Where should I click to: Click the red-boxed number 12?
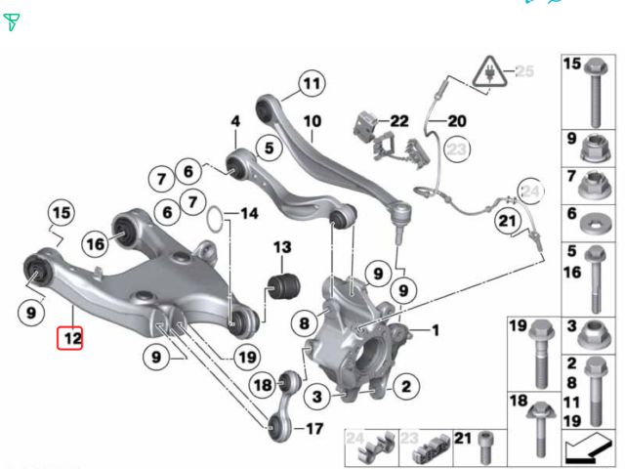(x=73, y=339)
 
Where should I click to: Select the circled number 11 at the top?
(x=311, y=84)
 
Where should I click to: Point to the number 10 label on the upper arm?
(x=312, y=123)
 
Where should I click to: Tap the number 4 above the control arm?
(x=234, y=121)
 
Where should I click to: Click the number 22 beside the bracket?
(x=399, y=120)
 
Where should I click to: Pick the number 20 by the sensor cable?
(x=457, y=121)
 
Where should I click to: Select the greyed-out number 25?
(x=525, y=71)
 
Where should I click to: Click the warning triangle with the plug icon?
(x=487, y=70)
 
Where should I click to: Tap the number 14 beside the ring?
(x=249, y=213)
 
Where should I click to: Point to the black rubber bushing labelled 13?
(x=281, y=284)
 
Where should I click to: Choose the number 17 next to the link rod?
(x=312, y=428)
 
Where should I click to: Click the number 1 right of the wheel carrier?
(x=436, y=330)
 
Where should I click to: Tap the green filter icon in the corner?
(x=12, y=21)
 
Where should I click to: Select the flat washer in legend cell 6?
(x=592, y=225)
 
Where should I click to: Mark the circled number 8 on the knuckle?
(x=305, y=321)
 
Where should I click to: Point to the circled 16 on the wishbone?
(x=94, y=243)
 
